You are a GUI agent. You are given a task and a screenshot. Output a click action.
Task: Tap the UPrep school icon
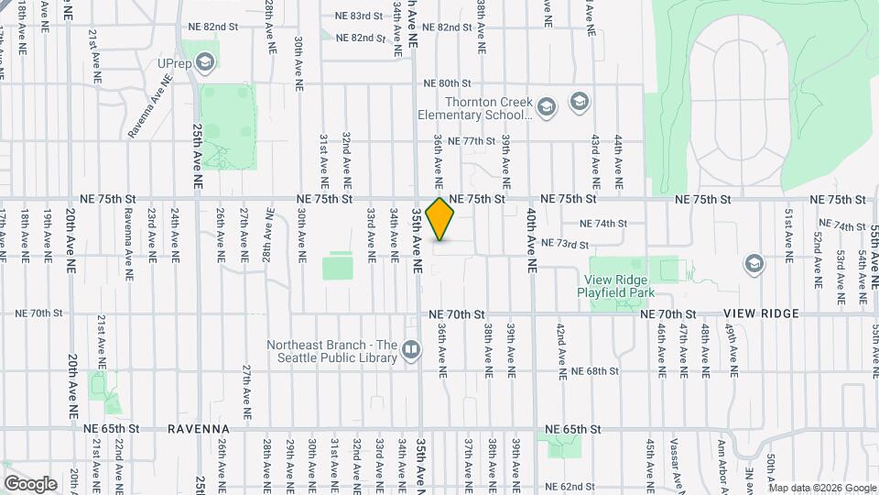point(204,62)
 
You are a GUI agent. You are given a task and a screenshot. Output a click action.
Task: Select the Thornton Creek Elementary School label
point(474,109)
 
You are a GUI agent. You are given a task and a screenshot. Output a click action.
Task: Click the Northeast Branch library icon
point(411,349)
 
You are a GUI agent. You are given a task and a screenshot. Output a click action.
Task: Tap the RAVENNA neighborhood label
point(196,428)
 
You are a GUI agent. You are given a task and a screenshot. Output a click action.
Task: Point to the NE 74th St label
point(604,223)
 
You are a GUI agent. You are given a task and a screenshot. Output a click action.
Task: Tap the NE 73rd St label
point(564,244)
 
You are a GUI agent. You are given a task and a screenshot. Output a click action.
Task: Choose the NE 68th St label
point(595,371)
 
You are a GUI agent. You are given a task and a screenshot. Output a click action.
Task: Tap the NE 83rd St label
point(360,16)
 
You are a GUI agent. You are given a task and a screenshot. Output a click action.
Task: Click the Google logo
point(29,483)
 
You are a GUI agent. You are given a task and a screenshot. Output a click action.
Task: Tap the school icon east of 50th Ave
point(754,264)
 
